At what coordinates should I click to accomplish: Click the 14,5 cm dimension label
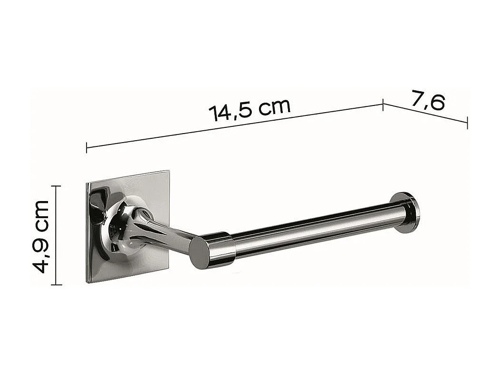tap(249, 110)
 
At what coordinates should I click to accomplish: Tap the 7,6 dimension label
tap(428, 101)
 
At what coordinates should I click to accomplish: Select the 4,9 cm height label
tap(41, 236)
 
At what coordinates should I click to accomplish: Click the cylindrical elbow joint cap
tap(212, 250)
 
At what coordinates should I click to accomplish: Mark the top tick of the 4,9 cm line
tap(56, 186)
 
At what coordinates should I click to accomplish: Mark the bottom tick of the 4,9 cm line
tap(56, 285)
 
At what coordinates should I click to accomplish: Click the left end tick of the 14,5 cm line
tap(87, 147)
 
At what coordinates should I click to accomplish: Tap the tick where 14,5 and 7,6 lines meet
tap(383, 105)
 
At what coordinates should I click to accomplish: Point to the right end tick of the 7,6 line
tap(467, 123)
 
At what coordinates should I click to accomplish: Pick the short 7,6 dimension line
tap(425, 114)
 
